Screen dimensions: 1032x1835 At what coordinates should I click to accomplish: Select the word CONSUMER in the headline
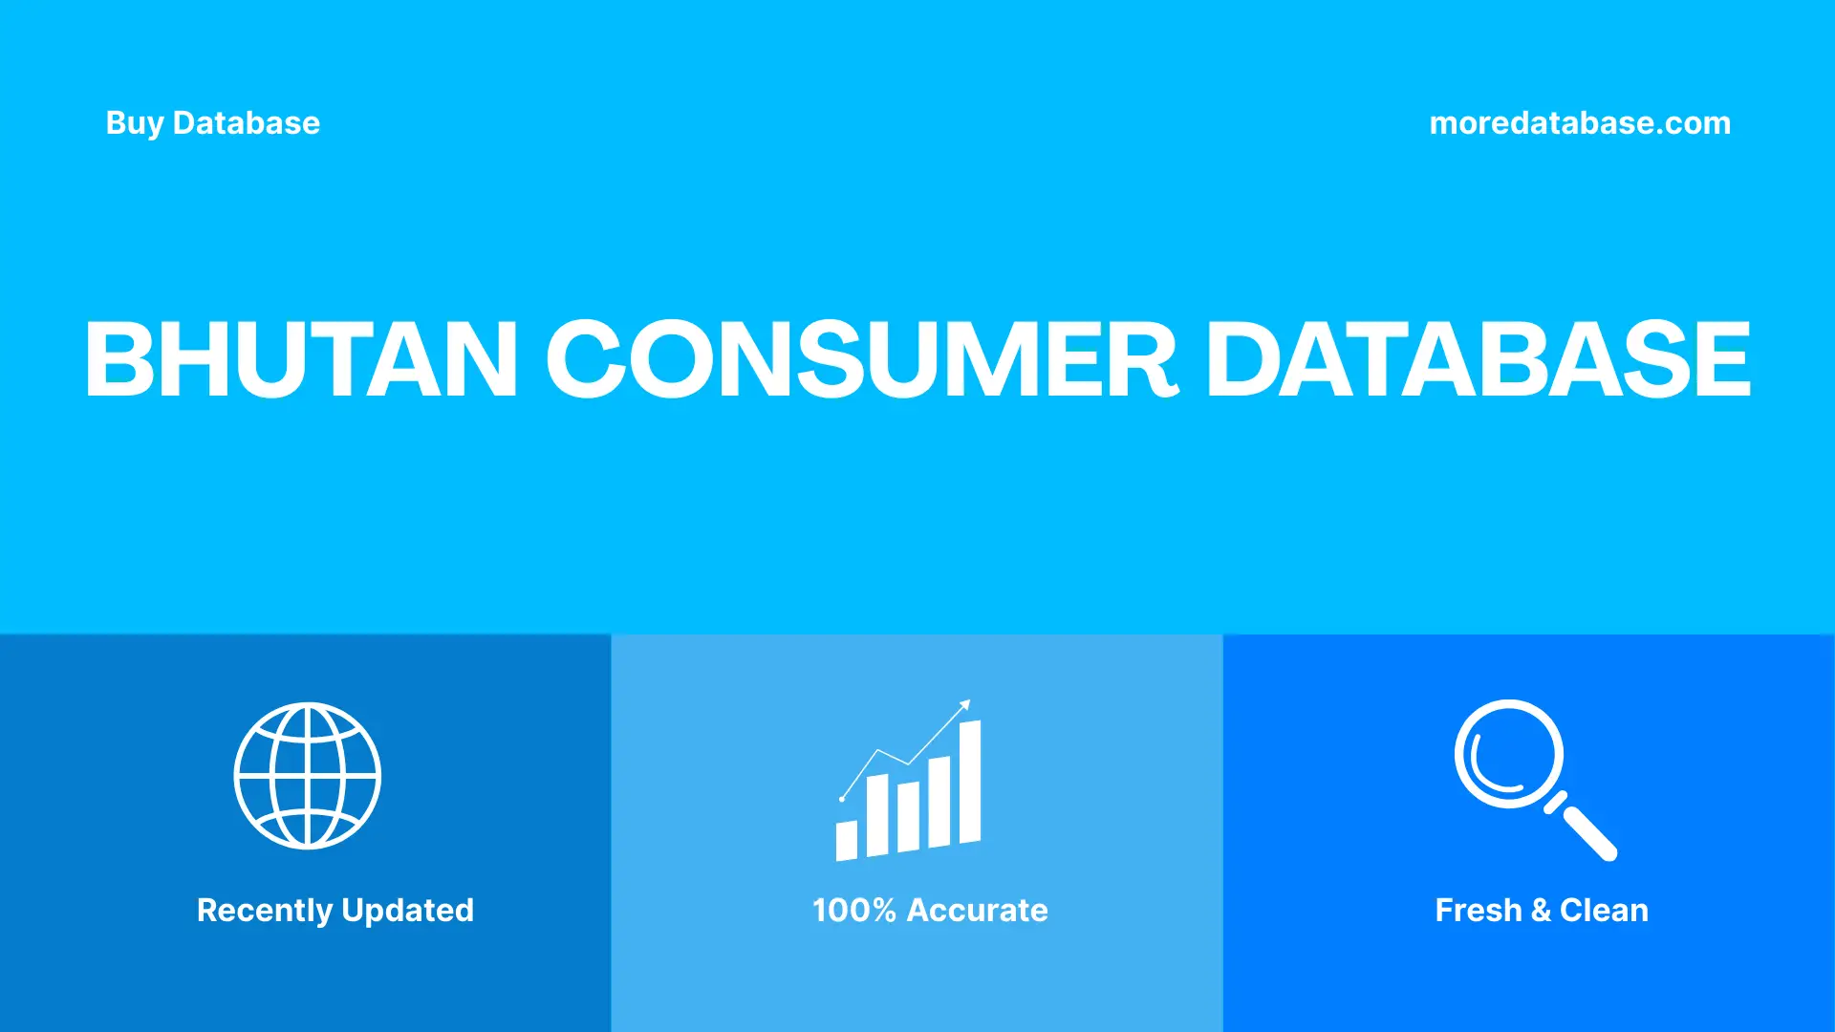861,359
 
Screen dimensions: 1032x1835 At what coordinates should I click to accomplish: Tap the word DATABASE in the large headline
1478,359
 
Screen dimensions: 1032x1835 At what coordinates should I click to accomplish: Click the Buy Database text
212,123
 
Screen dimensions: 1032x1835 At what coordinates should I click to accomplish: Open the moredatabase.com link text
1579,123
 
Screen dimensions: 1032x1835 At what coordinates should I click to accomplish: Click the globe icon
308,776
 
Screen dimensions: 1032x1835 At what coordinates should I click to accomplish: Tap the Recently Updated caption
335,910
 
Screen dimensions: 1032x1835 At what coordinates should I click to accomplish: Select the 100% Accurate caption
929,910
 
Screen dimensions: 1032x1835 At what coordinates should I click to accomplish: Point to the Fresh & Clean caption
1541,910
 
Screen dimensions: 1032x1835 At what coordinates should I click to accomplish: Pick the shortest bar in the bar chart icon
847,840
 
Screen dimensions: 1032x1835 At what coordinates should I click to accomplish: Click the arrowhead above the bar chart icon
964,706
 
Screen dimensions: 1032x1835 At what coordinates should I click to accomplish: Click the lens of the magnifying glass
1508,754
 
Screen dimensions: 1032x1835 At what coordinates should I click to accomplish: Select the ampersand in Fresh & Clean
1540,910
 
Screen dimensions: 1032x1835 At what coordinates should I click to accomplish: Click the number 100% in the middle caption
853,910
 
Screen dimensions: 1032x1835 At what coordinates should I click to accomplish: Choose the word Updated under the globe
407,910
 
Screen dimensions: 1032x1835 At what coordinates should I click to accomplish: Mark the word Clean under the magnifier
1604,910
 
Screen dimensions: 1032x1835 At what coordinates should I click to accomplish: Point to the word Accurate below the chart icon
977,910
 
